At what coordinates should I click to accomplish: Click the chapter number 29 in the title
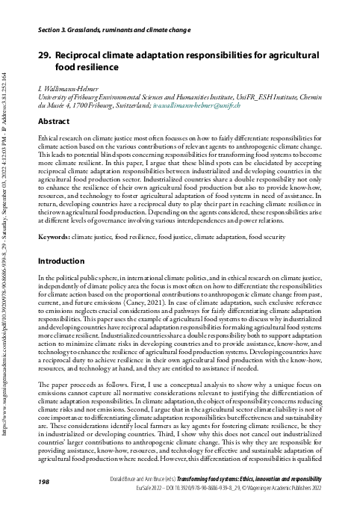point(43,56)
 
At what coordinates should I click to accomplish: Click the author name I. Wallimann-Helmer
point(69,89)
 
